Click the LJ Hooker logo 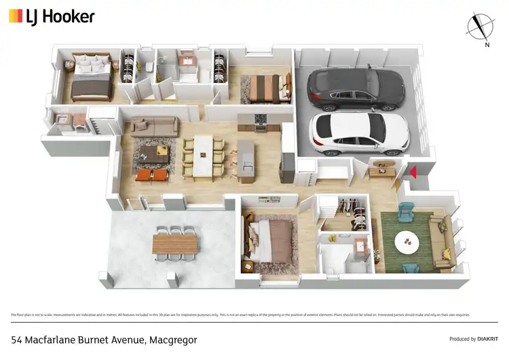52,17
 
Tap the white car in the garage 359,132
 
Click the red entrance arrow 413,173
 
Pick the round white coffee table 407,242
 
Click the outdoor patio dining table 175,243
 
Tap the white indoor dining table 204,156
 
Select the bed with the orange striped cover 263,88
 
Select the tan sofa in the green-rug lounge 442,241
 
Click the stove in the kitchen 259,120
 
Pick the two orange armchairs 152,175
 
